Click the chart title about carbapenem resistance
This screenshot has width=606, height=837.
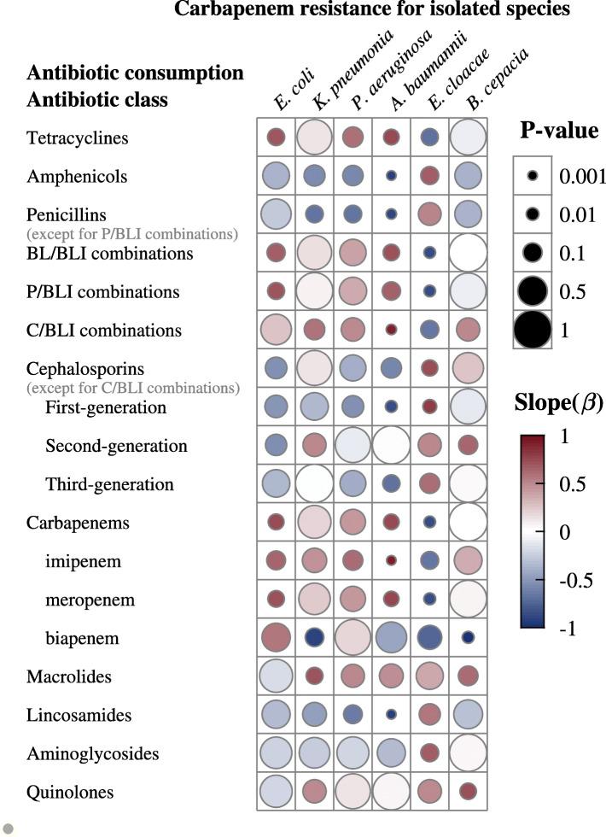pos(372,10)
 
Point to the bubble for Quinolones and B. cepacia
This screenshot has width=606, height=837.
pos(467,792)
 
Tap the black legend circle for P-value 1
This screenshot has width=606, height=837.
pos(533,330)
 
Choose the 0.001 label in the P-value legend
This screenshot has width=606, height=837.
pos(582,176)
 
